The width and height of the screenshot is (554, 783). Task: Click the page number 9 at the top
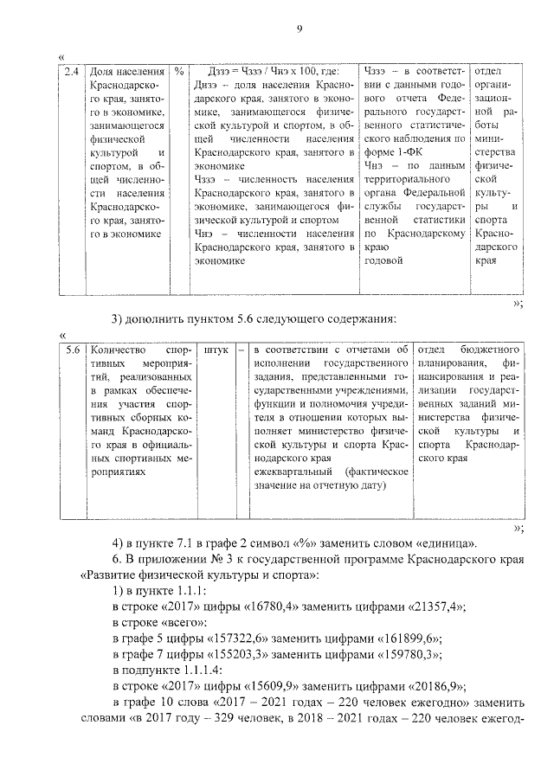pyautogui.click(x=299, y=29)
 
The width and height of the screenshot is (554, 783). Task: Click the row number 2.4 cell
pyautogui.click(x=73, y=71)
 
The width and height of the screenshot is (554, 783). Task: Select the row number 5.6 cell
pyautogui.click(x=73, y=350)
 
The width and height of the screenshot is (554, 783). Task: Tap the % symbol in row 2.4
pyautogui.click(x=178, y=71)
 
